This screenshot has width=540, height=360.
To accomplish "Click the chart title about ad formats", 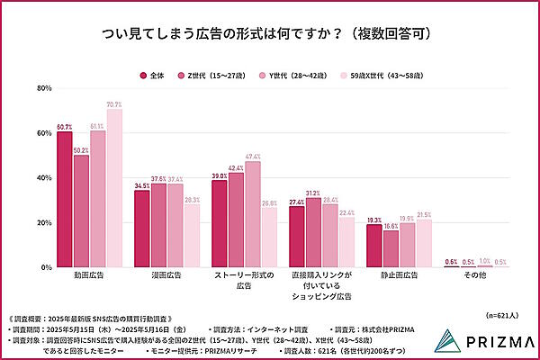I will point(270,33).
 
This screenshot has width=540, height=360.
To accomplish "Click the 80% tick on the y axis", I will point(43,88).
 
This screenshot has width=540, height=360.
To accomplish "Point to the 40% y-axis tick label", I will point(43,178).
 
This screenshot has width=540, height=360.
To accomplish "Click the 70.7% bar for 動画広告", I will point(114,189).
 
